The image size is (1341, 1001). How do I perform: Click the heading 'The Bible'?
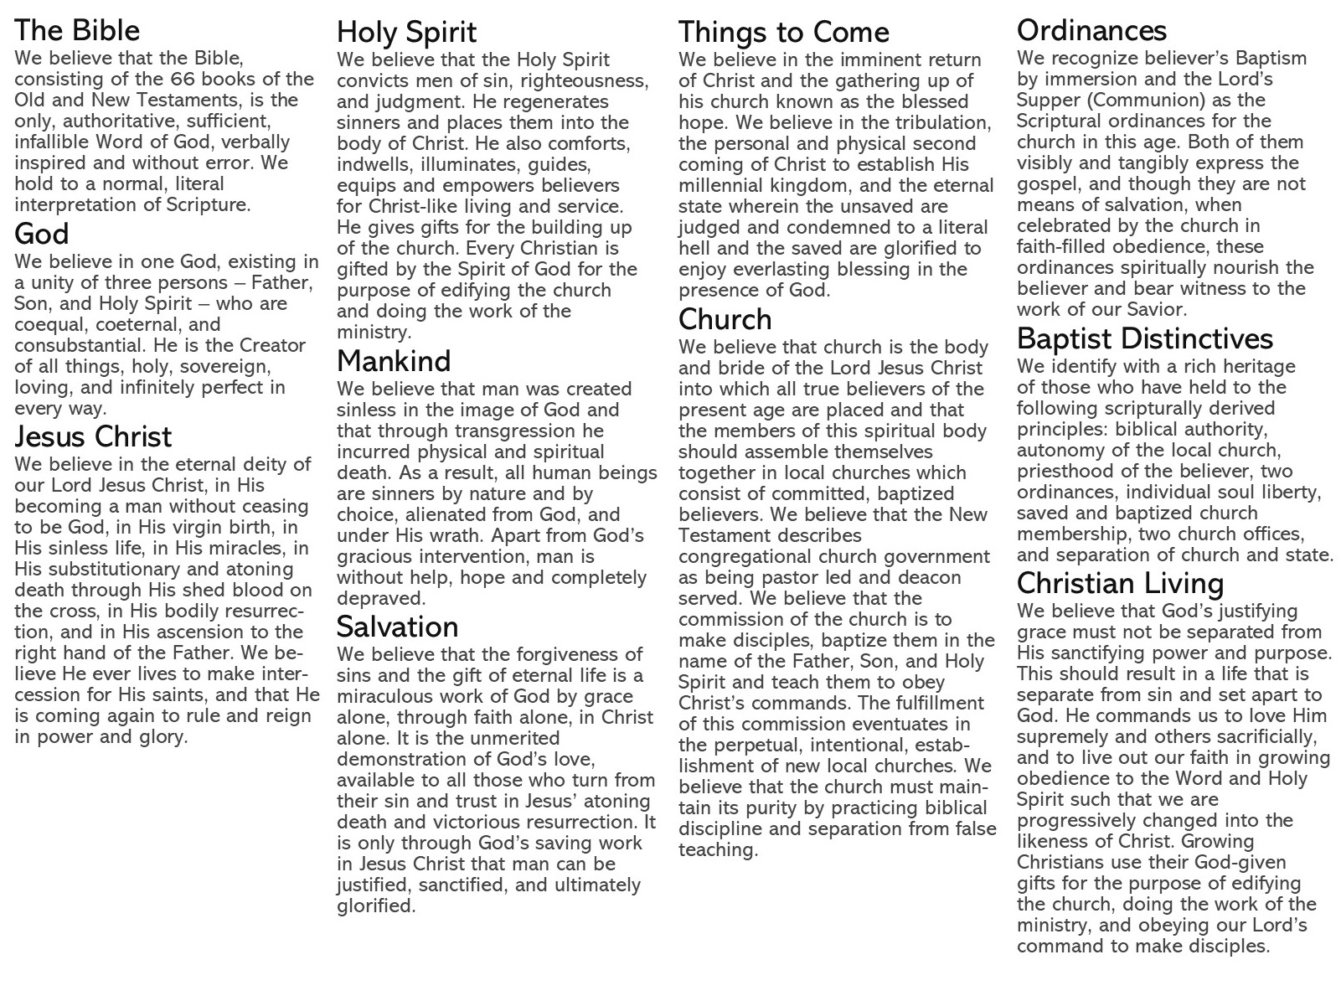pos(77,31)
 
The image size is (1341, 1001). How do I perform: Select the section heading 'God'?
pos(42,234)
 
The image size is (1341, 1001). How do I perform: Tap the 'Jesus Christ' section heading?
pos(93,436)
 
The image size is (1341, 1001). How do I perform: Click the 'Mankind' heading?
pos(394,361)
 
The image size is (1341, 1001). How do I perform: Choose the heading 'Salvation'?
pos(397,627)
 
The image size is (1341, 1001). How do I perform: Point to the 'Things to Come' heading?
pos(783,33)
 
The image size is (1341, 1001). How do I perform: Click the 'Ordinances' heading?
pos(1091,31)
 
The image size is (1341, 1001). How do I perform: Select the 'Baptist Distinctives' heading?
pos(1144,338)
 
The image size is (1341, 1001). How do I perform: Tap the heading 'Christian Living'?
pos(1120,583)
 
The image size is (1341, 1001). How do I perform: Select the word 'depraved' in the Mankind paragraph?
pos(379,599)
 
